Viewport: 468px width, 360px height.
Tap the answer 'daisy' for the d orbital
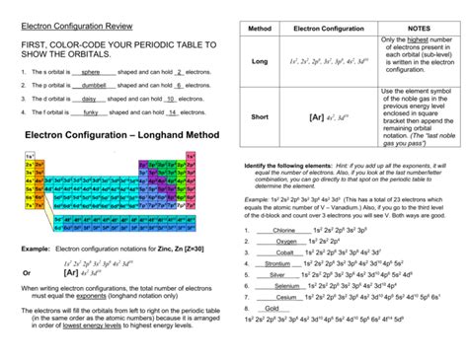click(91, 100)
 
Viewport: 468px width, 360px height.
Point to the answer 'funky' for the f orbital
click(90, 113)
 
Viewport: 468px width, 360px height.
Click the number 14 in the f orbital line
click(174, 113)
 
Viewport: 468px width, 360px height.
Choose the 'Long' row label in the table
click(260, 61)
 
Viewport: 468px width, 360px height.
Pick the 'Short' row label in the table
click(260, 116)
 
